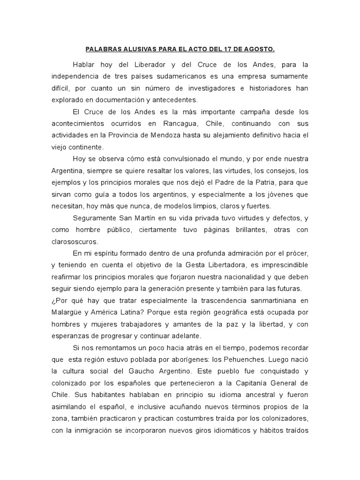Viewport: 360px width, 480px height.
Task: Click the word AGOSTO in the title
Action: click(258, 48)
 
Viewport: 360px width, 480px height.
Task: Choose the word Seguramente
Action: click(97, 218)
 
